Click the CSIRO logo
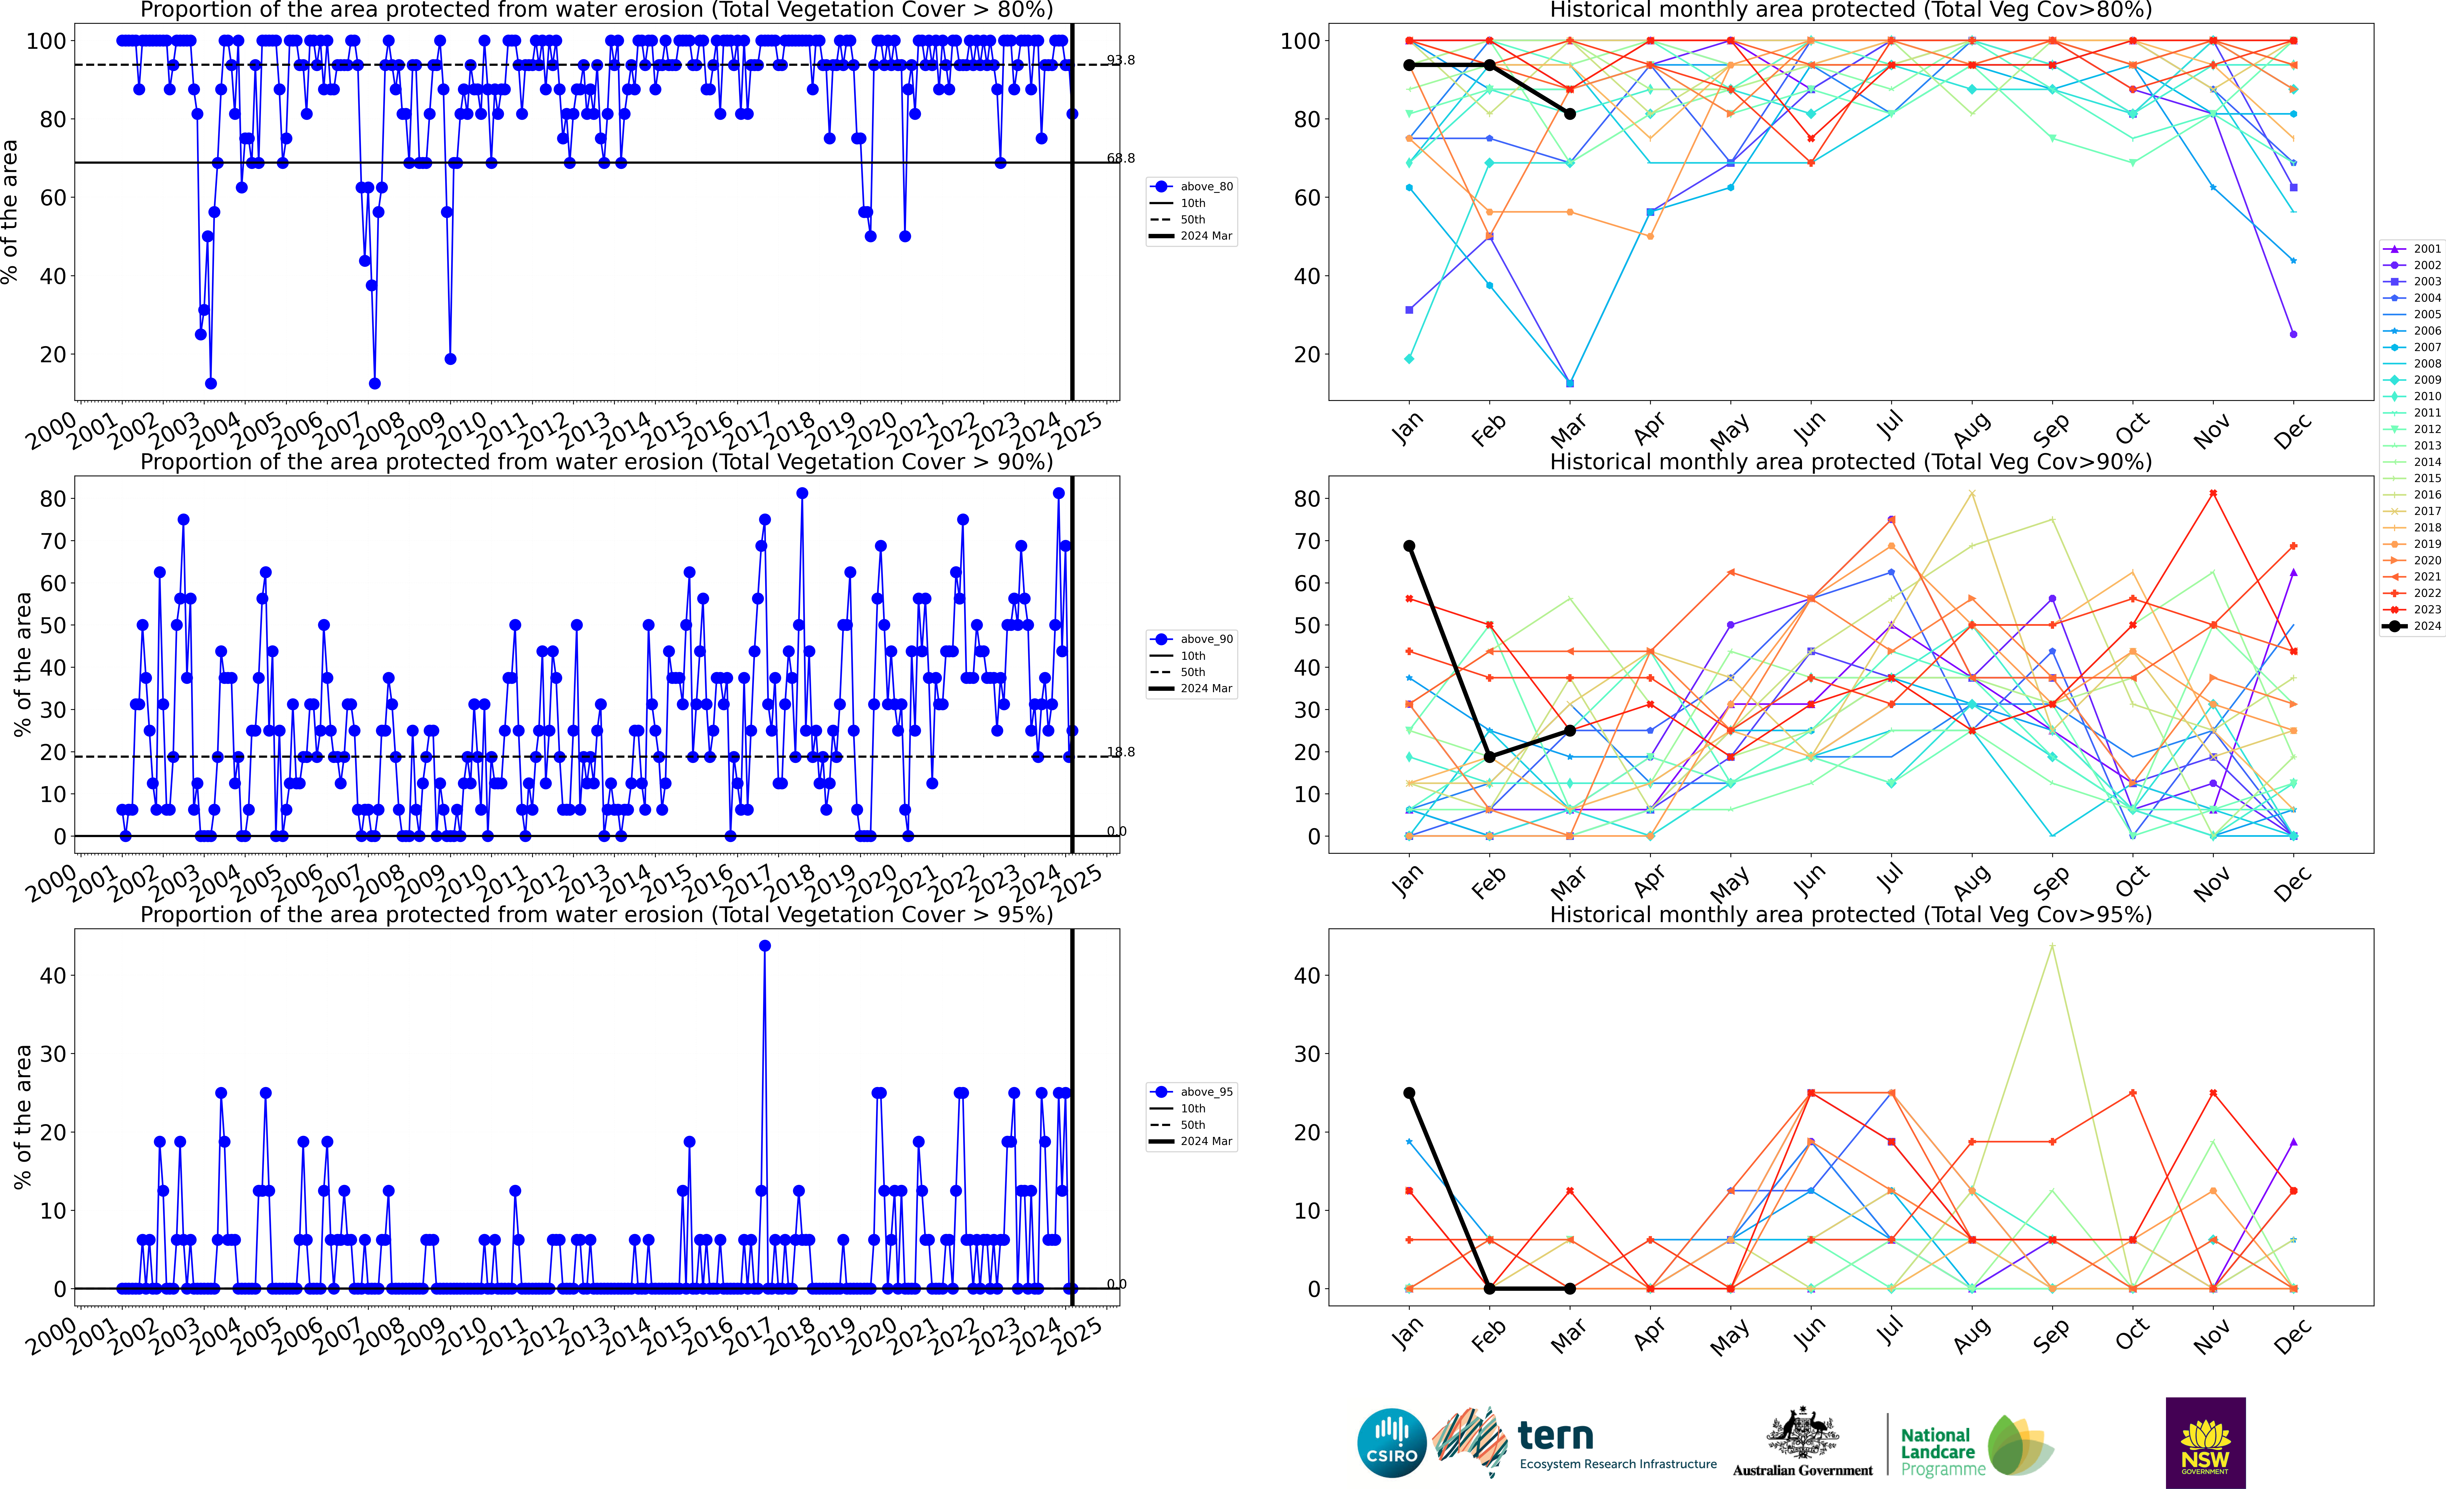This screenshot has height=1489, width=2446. (1392, 1442)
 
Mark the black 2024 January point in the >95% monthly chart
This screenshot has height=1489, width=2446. (1409, 1093)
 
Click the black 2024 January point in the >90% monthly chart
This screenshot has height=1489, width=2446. (1409, 546)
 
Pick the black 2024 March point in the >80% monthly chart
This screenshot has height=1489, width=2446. (1569, 114)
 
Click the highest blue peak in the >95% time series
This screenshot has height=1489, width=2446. (764, 946)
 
